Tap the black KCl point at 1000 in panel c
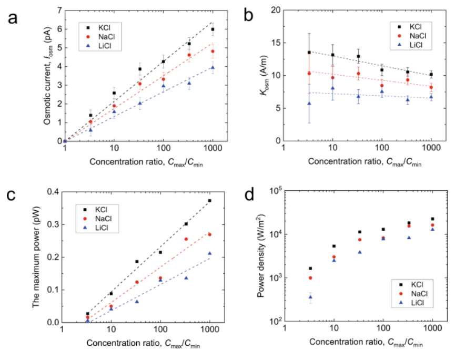[x=210, y=201]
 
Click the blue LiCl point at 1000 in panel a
[x=213, y=67]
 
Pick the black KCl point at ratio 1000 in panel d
[x=432, y=219]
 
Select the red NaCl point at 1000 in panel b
[x=431, y=87]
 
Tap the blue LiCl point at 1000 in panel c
[x=210, y=253]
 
